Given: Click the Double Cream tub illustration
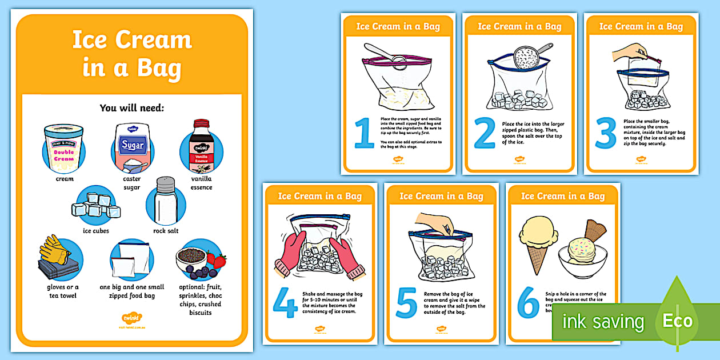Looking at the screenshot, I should point(64,149).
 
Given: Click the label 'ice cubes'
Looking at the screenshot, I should point(96,231).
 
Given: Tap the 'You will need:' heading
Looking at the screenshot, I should point(132,107).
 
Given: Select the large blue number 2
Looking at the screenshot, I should point(485,133).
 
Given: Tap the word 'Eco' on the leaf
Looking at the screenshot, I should point(677,320).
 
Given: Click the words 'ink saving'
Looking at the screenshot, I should point(602,321).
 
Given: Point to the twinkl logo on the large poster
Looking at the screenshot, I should point(132,317).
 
